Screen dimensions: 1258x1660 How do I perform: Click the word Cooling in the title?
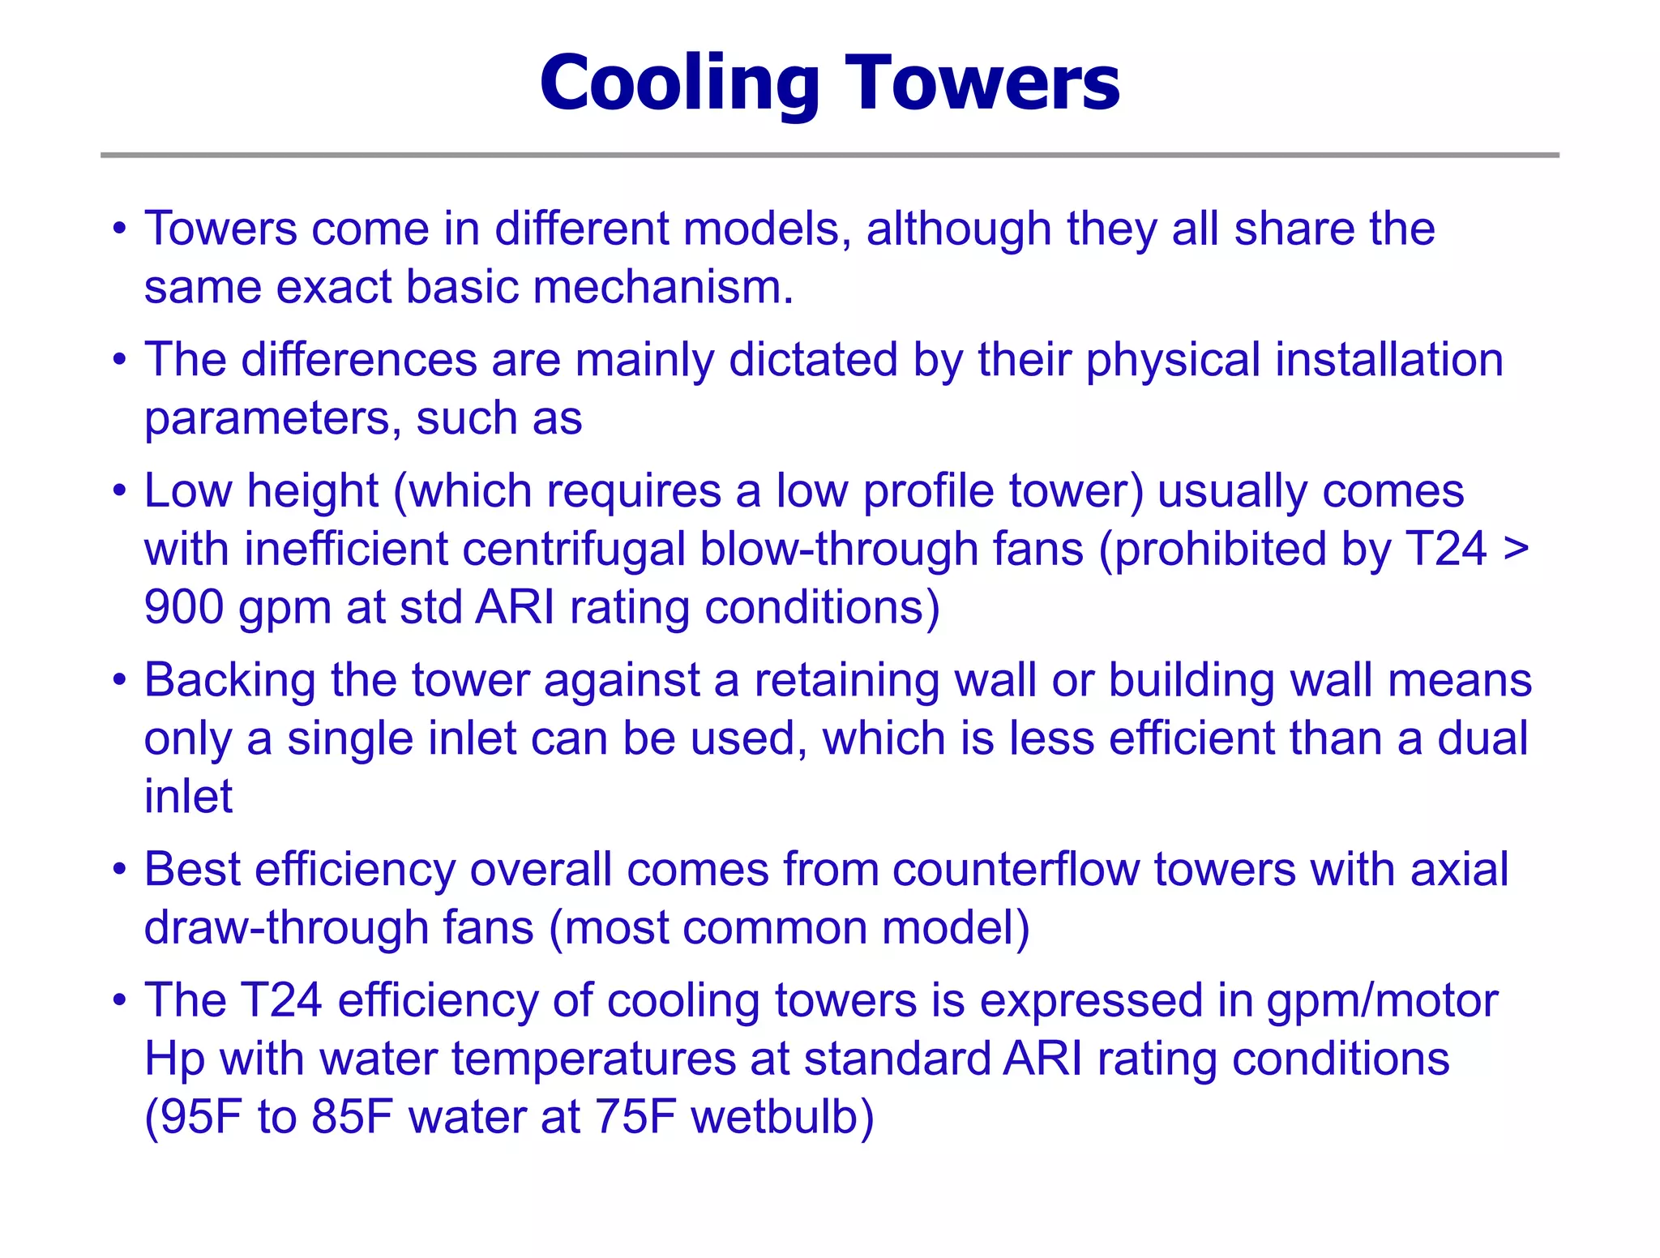(x=679, y=83)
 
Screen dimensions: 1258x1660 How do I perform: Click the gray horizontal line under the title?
(x=829, y=155)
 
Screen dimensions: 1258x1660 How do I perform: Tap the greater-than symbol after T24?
(x=1516, y=550)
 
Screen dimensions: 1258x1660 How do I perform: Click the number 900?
(x=183, y=608)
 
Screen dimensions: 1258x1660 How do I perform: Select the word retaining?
(x=847, y=681)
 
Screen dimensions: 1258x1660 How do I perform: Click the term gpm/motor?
(x=1382, y=1001)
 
